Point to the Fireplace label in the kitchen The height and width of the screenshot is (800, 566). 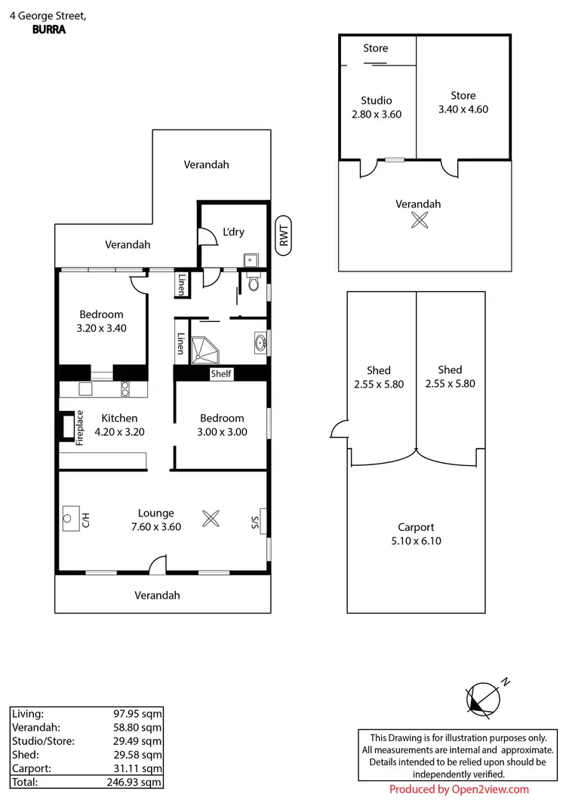pyautogui.click(x=78, y=430)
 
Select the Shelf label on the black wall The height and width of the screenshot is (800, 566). pyautogui.click(x=221, y=374)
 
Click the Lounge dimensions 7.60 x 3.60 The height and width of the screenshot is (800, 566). pyautogui.click(x=155, y=527)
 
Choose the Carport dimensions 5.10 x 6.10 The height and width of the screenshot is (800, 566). pyautogui.click(x=416, y=541)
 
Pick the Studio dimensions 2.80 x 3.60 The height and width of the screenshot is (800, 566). pyautogui.click(x=376, y=115)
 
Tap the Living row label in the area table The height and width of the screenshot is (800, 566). pyautogui.click(x=29, y=713)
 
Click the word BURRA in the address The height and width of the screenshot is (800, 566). pyautogui.click(x=48, y=31)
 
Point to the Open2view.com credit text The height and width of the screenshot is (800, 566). pyautogui.click(x=459, y=789)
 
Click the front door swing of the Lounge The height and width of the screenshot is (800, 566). pyautogui.click(x=158, y=564)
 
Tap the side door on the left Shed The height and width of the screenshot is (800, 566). pyautogui.click(x=338, y=431)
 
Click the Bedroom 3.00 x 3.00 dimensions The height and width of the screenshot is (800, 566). pyautogui.click(x=222, y=432)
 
